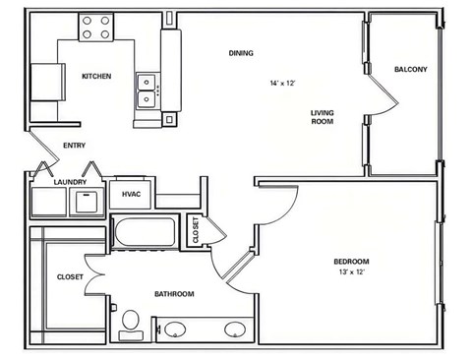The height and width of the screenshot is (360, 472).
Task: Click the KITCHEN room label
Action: (96, 77)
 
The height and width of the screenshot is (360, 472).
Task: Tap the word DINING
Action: (241, 53)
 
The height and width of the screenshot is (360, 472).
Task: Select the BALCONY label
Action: (411, 70)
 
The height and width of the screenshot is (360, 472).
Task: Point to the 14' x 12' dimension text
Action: (282, 84)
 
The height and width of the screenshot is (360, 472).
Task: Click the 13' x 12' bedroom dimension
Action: (352, 271)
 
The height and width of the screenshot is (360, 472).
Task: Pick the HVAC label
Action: (131, 195)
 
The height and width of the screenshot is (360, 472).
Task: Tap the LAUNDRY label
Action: (70, 182)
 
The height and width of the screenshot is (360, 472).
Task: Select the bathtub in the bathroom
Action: (145, 232)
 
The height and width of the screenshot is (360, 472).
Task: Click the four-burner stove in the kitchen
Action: (96, 28)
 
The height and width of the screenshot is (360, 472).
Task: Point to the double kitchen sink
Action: (147, 91)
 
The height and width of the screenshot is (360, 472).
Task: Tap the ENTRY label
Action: (75, 146)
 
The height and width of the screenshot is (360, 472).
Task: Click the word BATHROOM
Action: (174, 294)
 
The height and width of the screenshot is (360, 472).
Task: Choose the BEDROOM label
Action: (351, 262)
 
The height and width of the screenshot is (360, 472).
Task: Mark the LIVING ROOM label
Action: (323, 117)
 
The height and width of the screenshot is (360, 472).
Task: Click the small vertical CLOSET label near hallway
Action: (196, 230)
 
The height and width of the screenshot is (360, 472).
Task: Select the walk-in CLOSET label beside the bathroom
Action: (70, 277)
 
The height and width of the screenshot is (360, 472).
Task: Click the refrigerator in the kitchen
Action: (48, 82)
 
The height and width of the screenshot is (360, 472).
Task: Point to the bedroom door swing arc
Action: (287, 214)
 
